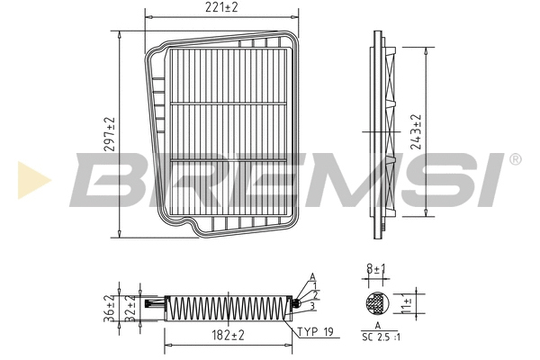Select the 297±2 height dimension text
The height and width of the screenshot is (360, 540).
click(x=110, y=134)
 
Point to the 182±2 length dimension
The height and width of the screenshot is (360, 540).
click(x=229, y=337)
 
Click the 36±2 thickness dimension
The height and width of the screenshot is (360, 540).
click(x=110, y=308)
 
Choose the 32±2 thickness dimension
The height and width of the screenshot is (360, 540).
click(x=130, y=308)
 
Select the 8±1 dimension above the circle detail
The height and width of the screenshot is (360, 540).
click(x=376, y=267)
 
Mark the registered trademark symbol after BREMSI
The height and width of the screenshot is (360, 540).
click(x=514, y=159)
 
